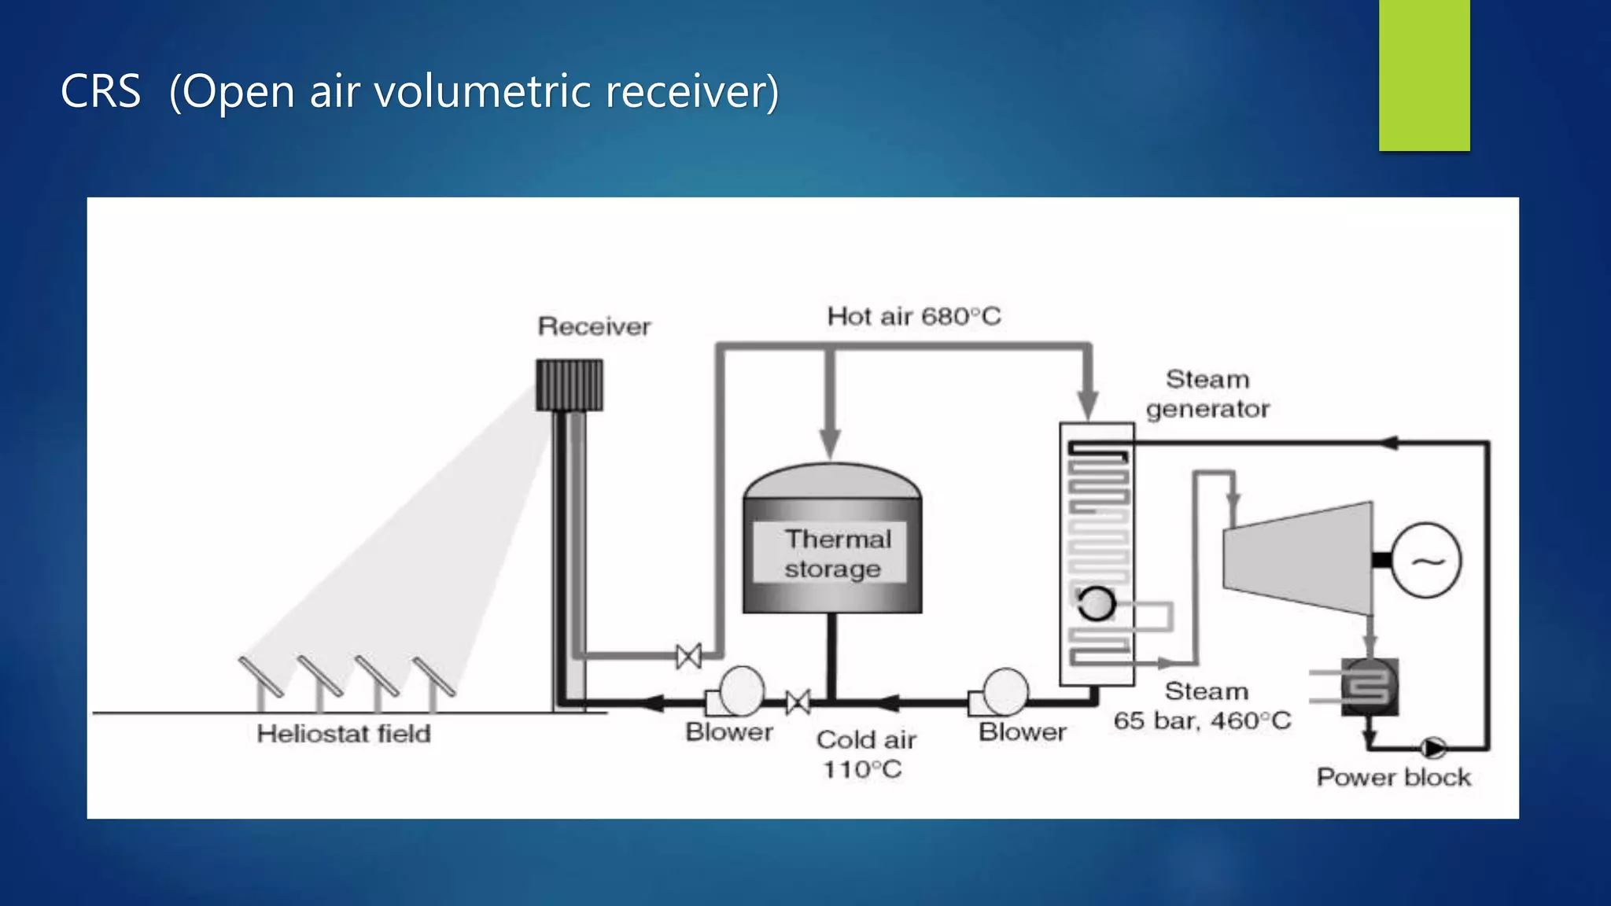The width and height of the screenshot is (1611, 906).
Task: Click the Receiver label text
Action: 594,326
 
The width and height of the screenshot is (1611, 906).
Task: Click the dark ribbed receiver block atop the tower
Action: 570,385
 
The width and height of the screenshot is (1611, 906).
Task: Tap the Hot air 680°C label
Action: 914,316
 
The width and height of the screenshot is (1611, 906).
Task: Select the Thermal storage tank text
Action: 835,554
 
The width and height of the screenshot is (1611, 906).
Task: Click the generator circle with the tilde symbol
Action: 1426,561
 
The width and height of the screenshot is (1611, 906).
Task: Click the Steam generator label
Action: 1207,394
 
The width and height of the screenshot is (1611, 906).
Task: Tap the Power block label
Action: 1393,777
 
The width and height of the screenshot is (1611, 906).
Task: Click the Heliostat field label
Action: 344,734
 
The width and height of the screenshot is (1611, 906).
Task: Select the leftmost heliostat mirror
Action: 261,676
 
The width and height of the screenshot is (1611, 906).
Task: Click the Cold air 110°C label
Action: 865,754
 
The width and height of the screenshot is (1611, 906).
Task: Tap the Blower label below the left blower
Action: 728,732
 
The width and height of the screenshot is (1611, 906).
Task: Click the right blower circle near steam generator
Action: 1005,691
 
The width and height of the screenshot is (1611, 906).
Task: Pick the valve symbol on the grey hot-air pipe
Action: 688,655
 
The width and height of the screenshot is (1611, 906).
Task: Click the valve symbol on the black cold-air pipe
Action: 798,702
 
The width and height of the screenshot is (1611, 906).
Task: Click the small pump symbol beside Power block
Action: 1432,747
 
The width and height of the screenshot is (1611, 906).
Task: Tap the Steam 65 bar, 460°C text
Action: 1202,706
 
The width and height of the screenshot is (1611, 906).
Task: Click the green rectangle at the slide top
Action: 1424,75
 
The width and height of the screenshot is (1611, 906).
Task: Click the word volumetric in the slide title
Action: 482,91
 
